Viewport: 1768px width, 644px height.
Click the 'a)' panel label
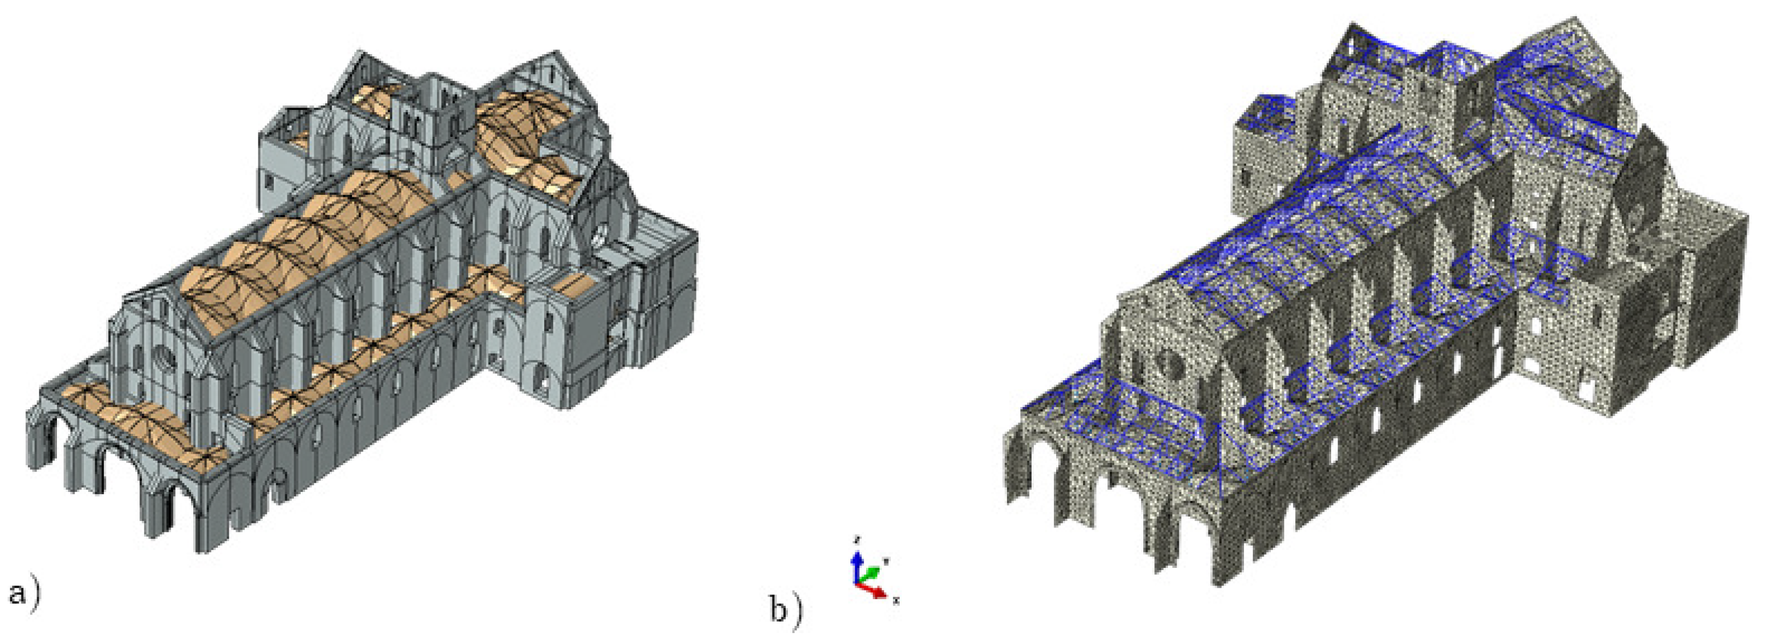[25, 593]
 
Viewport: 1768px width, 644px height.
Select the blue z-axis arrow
[856, 566]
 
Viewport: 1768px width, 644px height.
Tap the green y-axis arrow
[869, 573]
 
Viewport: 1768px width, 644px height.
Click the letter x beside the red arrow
[896, 601]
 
